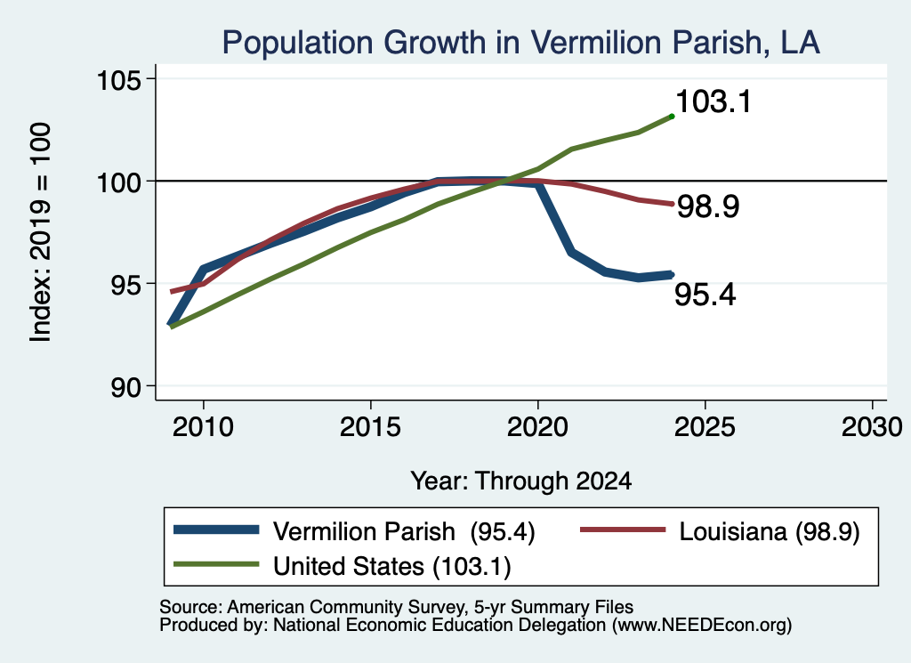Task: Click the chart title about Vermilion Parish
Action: [520, 43]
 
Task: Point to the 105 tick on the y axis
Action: [118, 80]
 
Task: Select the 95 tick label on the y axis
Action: [126, 285]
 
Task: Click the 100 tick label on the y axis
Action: [118, 182]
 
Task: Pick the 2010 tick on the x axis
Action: [203, 428]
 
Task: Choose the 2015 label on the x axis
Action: [370, 428]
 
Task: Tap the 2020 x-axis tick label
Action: [537, 428]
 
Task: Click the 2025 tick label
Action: [705, 428]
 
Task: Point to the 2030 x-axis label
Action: [872, 428]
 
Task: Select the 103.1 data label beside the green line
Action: [713, 101]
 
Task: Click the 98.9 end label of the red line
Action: [708, 206]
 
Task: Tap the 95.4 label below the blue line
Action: [705, 295]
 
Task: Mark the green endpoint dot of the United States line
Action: [672, 117]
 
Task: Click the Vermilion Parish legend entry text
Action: [404, 531]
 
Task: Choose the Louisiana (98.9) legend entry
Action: [770, 531]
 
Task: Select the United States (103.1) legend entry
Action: [392, 567]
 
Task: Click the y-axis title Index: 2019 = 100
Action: [41, 232]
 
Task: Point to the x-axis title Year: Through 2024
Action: [521, 481]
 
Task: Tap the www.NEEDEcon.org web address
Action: [701, 626]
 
